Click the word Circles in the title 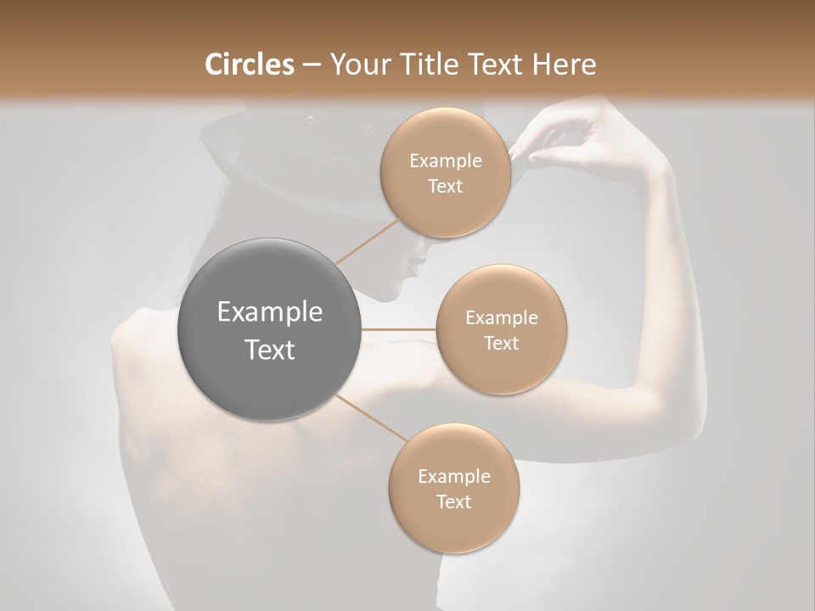[250, 64]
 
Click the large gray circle [270, 329]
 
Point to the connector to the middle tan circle [399, 329]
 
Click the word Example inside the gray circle [270, 312]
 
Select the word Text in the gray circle [270, 349]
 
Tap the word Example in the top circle [445, 160]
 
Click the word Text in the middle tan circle [501, 343]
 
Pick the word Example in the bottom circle [453, 476]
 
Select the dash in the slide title [311, 65]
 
